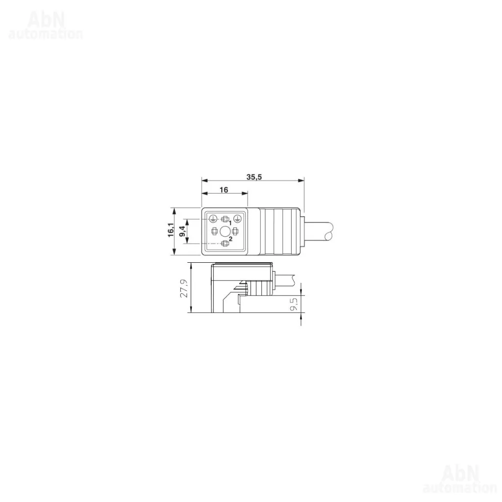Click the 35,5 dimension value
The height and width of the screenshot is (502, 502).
254,176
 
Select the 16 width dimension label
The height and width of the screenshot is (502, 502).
224,190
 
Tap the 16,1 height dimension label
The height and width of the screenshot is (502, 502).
171,230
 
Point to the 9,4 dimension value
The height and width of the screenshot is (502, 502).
182,230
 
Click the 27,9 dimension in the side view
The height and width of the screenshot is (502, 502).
184,288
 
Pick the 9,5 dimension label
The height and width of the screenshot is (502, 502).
293,304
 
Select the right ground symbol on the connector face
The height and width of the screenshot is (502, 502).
237,219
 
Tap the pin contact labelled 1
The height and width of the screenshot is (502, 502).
225,219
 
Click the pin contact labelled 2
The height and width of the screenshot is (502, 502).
225,243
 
